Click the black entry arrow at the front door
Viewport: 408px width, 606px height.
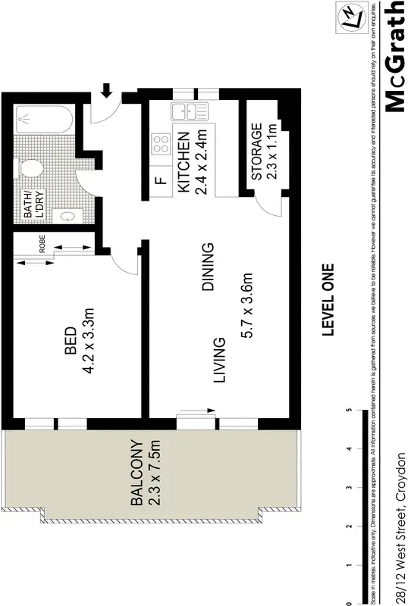tap(106, 89)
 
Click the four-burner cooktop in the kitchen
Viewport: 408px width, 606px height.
tap(161, 145)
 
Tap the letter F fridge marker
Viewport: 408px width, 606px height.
tap(160, 181)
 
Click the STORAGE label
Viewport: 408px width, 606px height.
tap(256, 151)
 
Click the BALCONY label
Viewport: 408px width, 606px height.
tap(137, 473)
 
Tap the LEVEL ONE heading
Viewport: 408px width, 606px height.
tap(328, 299)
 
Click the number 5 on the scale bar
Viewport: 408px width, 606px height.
tap(348, 410)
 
